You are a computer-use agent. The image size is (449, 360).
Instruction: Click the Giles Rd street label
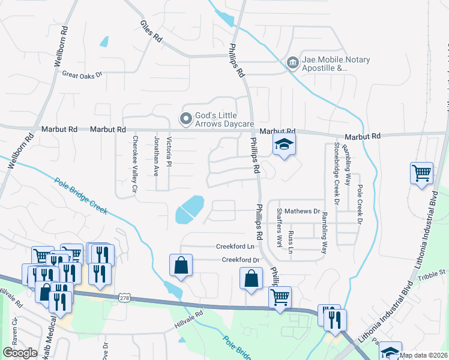[151, 33]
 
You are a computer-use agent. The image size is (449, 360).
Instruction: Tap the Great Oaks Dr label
[83, 74]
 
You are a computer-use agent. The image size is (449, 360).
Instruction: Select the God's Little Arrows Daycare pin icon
[186, 117]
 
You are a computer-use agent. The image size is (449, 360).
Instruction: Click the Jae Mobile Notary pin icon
[292, 62]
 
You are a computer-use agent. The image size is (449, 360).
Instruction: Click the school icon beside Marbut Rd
[284, 145]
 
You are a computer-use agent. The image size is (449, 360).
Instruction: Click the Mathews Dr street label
[302, 211]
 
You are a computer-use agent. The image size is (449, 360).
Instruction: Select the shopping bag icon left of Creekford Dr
[181, 265]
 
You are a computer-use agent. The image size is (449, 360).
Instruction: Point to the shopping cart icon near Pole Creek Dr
[421, 173]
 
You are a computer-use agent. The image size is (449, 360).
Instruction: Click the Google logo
[20, 353]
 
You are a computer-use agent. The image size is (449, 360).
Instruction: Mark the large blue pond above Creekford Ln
[190, 208]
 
